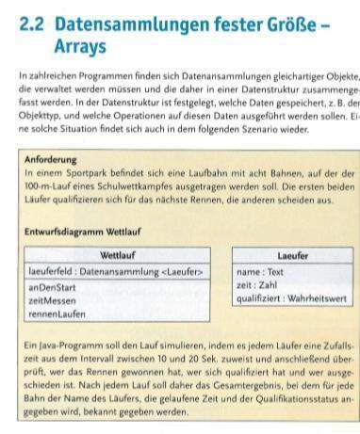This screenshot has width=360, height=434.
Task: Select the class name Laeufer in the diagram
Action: tap(293, 255)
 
